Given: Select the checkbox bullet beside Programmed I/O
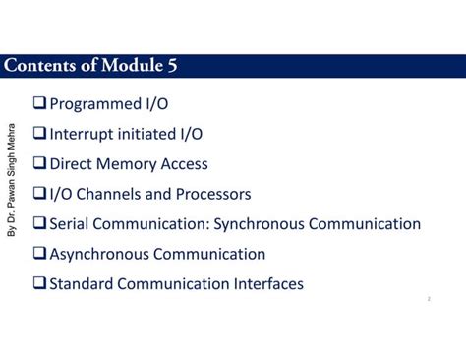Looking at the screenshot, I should tap(39, 103).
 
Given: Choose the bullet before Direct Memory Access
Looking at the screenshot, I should tap(39, 164).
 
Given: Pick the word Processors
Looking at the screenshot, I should tap(215, 194).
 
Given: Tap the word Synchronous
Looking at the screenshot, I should tap(259, 224).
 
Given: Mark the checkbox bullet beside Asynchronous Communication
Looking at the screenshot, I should tap(39, 254).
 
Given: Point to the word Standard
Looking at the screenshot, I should tap(84, 284).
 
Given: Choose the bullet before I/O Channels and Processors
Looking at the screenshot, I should tap(39, 194).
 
